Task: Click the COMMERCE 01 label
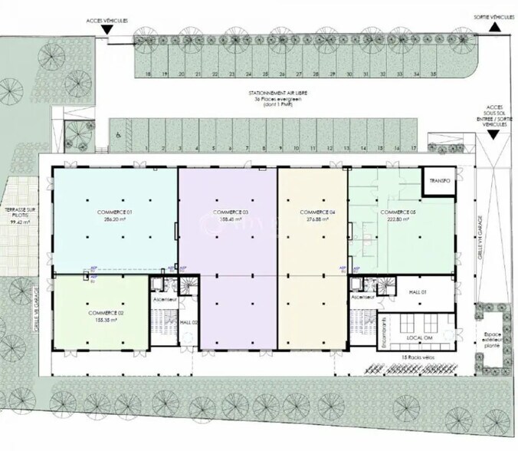tap(115, 211)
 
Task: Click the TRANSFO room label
tap(440, 182)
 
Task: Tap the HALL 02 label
tap(189, 323)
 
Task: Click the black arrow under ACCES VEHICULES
tap(108, 30)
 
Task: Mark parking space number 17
tap(414, 146)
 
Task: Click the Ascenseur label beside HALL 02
tap(165, 298)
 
